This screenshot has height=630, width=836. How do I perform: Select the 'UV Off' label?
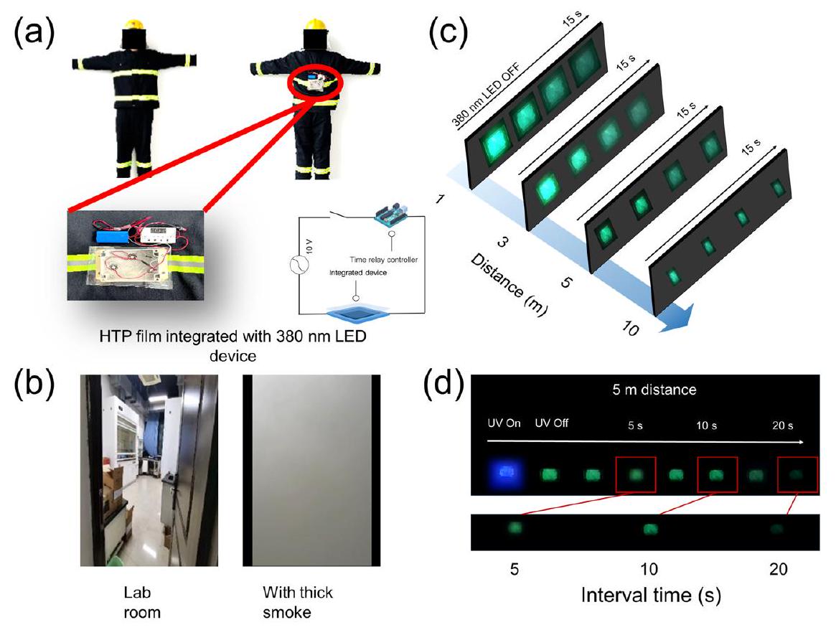click(552, 423)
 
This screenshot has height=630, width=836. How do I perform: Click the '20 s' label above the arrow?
click(784, 425)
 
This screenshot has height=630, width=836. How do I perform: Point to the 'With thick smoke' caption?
click(297, 601)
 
